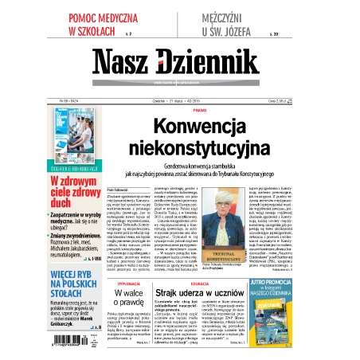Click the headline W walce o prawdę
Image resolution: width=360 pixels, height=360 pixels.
[x=131, y=300]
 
